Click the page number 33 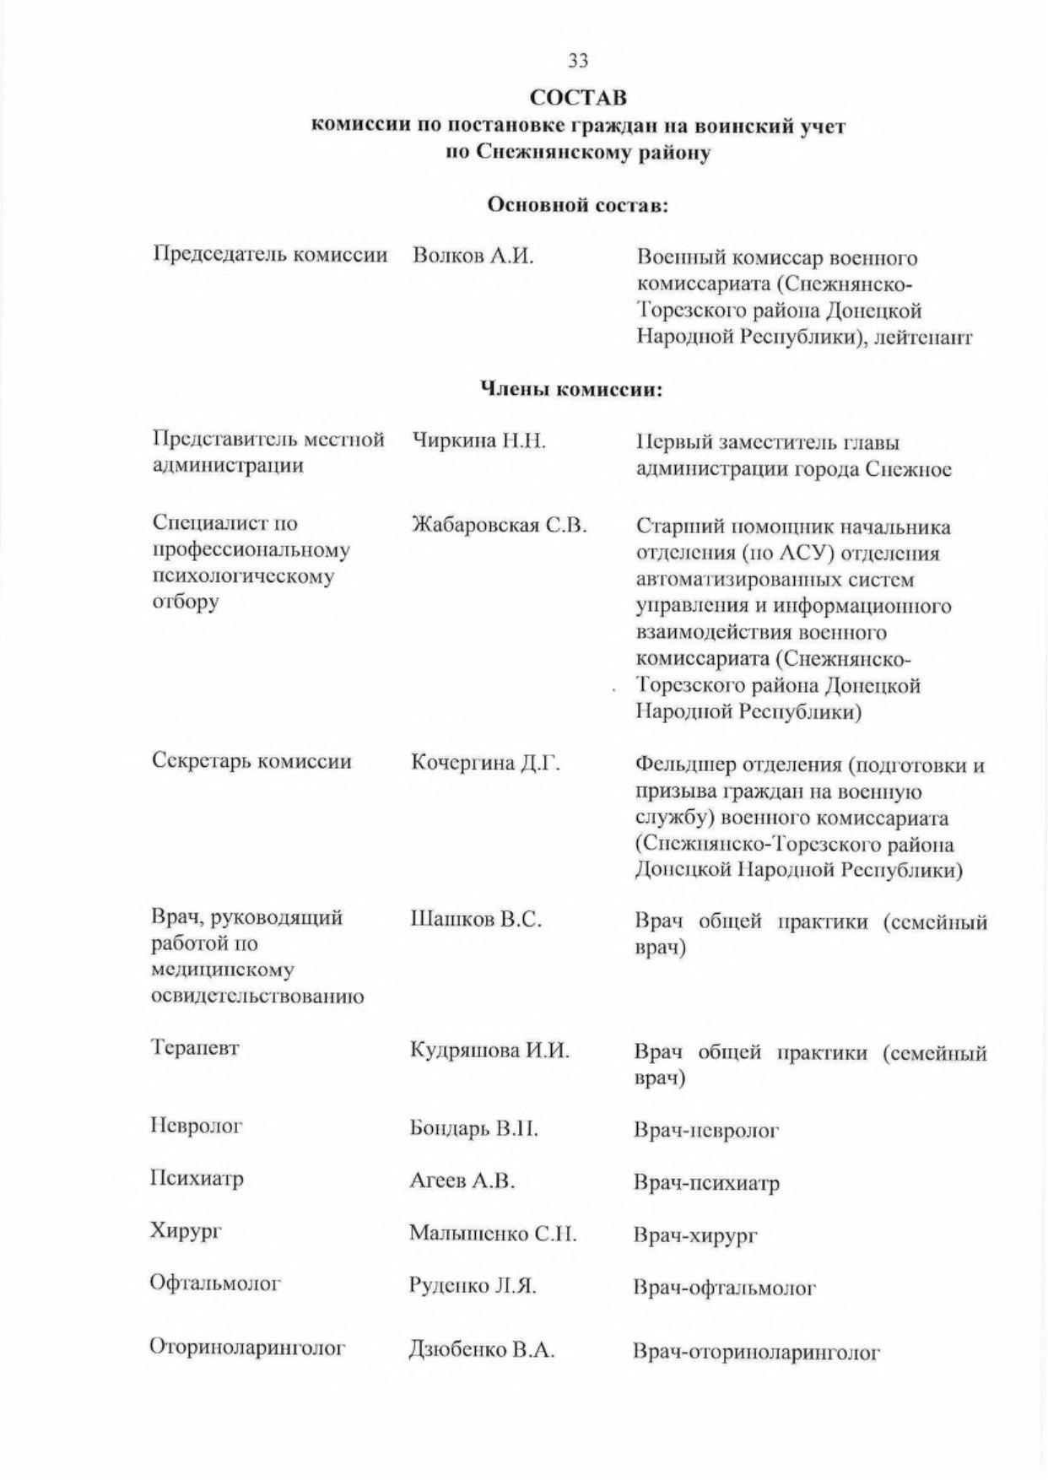click(578, 60)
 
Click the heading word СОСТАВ click(578, 98)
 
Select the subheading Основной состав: click(578, 205)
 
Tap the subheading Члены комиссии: click(571, 389)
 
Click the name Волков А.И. click(473, 256)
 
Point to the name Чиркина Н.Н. click(478, 440)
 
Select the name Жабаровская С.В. click(499, 526)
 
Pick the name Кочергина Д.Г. click(485, 763)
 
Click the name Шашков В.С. click(475, 919)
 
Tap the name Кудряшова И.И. click(489, 1051)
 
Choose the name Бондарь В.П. click(473, 1128)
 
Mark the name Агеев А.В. click(462, 1180)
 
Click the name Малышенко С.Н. click(493, 1234)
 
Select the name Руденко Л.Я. click(473, 1286)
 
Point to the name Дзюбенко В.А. click(481, 1350)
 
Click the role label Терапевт click(195, 1048)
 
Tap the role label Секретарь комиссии click(251, 760)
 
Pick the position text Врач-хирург click(695, 1236)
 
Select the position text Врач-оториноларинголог click(756, 1353)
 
